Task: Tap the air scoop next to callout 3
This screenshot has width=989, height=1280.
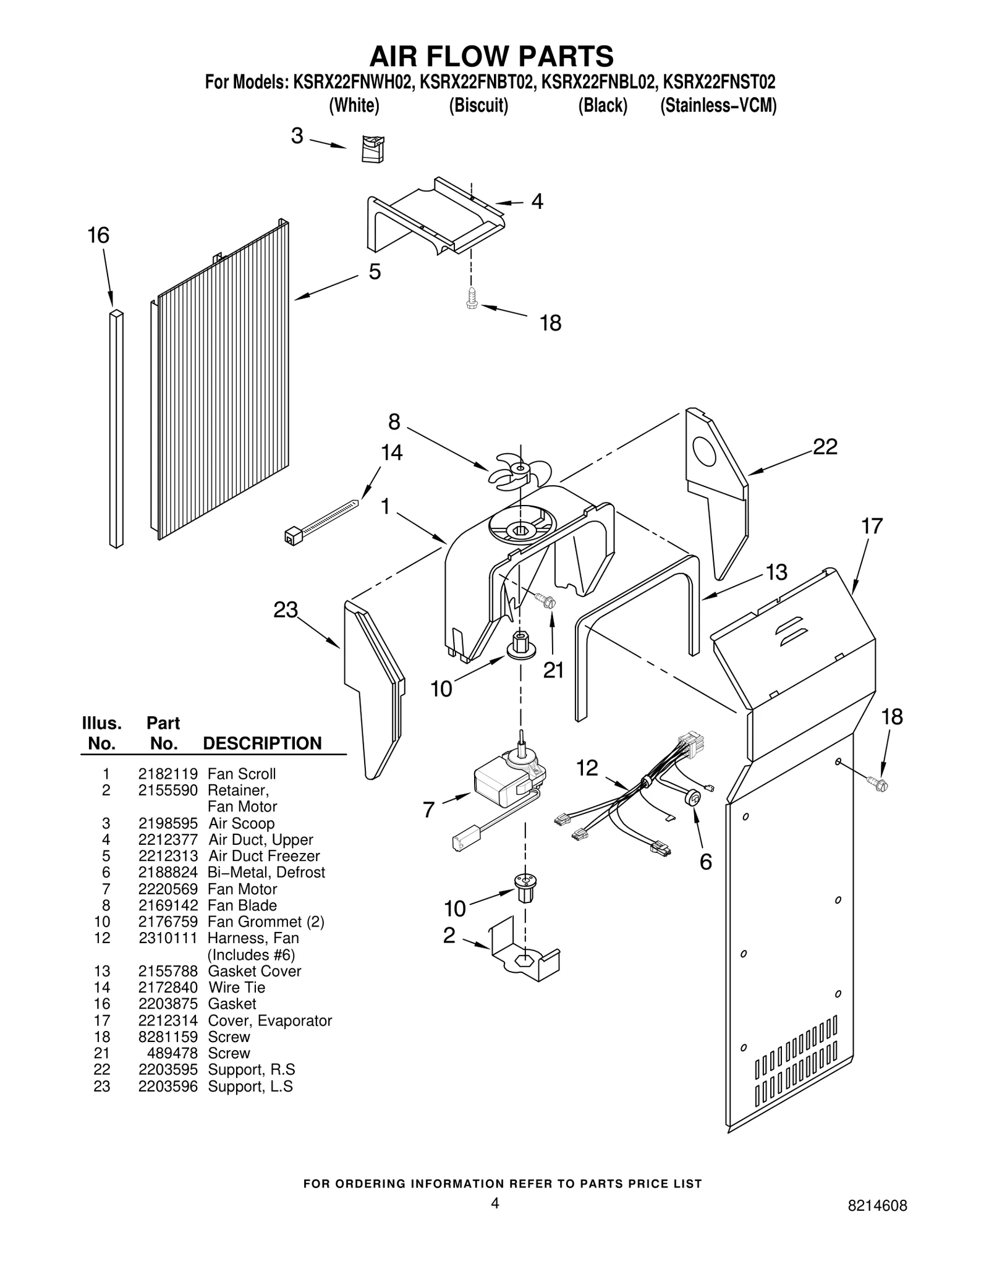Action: (373, 149)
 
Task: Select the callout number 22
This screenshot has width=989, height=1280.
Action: (825, 447)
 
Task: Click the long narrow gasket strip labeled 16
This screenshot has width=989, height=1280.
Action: (116, 428)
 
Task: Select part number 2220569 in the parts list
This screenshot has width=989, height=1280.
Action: (168, 889)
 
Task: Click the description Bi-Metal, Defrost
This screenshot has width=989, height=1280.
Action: (266, 872)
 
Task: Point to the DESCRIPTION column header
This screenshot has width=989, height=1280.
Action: (262, 743)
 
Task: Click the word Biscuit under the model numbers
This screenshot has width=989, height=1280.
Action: (478, 106)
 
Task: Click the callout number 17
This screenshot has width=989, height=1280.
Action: (872, 527)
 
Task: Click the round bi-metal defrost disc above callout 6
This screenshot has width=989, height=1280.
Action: (693, 797)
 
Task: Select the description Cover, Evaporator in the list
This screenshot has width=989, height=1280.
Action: (270, 1020)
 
